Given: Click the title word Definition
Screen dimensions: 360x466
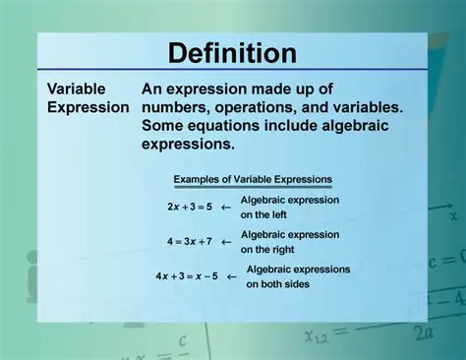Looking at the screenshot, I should tap(232, 53).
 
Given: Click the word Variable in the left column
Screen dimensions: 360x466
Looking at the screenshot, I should tap(76, 88).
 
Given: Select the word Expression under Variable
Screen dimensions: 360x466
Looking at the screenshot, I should tap(87, 106).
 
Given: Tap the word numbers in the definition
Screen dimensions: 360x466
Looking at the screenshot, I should tap(176, 106).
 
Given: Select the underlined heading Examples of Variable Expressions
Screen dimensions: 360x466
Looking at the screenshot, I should tap(253, 180).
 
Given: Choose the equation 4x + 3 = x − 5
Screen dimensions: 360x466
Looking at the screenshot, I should tap(188, 276).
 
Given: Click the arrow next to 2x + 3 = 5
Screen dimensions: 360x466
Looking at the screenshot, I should tap(226, 208).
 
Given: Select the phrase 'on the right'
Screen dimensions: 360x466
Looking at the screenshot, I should tap(265, 249).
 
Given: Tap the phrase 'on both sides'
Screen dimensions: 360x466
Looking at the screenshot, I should tap(278, 284).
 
